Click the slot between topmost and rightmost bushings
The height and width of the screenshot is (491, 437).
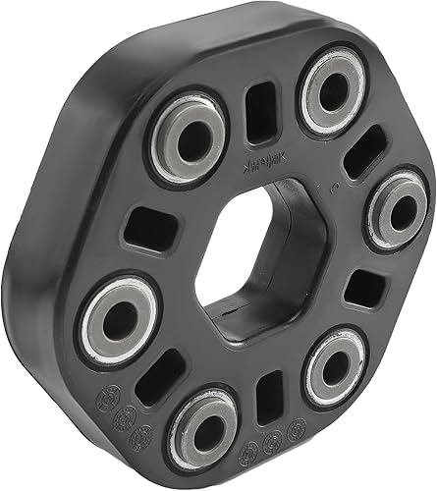point(362,150)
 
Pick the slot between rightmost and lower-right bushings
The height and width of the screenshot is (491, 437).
point(366,287)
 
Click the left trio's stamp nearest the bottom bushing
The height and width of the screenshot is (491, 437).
point(142,435)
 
